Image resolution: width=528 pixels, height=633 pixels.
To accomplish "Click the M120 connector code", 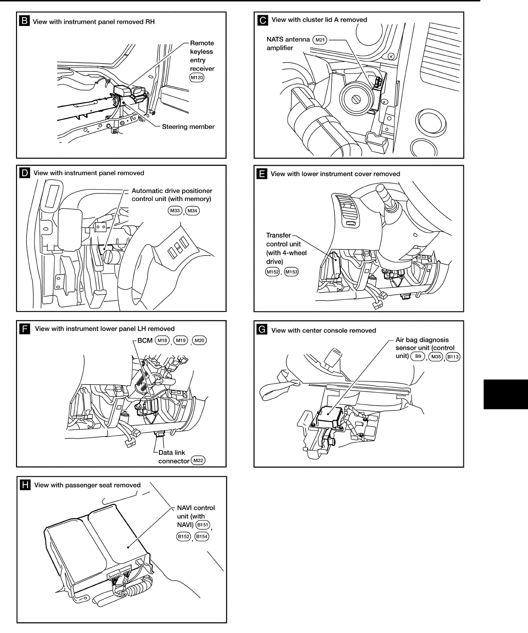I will click(x=197, y=77).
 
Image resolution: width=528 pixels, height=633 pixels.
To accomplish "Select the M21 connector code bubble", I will click(x=320, y=40).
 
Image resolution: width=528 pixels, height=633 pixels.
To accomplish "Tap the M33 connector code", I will click(x=175, y=211).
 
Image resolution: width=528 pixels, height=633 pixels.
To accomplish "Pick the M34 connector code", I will click(x=193, y=211).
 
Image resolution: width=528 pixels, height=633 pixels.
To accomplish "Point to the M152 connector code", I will click(x=273, y=271).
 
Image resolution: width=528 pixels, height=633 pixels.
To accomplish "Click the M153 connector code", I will click(x=292, y=271).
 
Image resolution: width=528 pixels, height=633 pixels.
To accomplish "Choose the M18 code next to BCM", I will click(x=162, y=340).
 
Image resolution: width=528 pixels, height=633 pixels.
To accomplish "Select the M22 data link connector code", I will click(x=199, y=461).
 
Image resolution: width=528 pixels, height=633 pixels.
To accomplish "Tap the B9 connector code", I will click(x=418, y=356).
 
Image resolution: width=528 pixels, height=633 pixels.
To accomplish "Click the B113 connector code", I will click(x=453, y=356).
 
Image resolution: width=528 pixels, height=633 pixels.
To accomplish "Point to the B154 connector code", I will click(x=202, y=536).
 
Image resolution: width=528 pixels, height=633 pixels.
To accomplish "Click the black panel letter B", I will click(x=24, y=21).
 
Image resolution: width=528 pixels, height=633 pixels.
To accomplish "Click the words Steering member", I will click(x=188, y=127).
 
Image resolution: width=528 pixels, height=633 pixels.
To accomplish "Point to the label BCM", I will click(x=145, y=340).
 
